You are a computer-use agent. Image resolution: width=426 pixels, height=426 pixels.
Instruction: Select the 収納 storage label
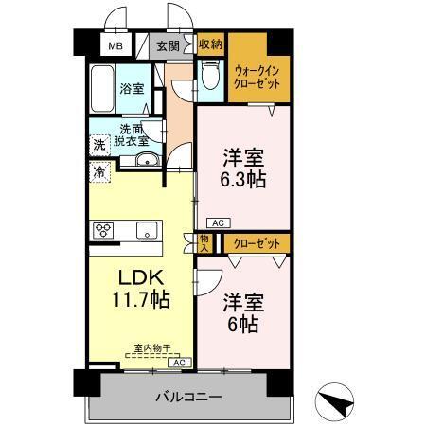[x=210, y=44]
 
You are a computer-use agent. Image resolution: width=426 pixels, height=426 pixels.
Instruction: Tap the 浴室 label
[x=132, y=90]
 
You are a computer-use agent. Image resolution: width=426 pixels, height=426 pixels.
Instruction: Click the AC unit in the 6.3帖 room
[x=217, y=222]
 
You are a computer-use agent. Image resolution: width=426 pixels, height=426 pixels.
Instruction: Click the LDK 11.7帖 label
[x=143, y=290]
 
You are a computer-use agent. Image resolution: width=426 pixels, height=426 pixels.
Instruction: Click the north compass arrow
[x=339, y=401]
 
